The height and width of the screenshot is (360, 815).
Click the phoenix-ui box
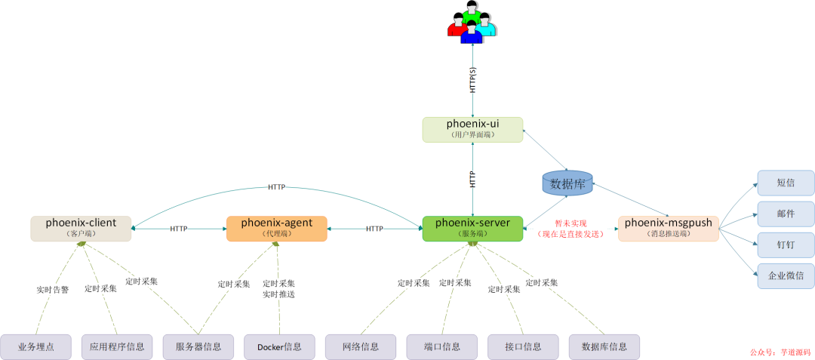point(472,129)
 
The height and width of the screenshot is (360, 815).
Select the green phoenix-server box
point(472,228)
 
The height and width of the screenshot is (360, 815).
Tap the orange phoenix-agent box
point(277,228)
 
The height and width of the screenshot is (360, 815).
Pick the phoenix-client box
point(81,228)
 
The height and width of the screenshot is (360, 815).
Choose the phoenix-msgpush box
point(668,228)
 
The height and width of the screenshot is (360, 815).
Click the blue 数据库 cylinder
point(567,183)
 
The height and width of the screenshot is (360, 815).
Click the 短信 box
point(786,183)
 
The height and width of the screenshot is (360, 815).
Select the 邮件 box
point(786,214)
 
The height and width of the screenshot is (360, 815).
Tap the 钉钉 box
point(786,245)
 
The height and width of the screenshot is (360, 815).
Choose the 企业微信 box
point(786,275)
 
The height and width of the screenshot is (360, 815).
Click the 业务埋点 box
point(35,346)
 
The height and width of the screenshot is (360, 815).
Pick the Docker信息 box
point(279,346)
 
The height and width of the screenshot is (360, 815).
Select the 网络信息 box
point(361,346)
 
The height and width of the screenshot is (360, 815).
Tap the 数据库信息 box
point(604,346)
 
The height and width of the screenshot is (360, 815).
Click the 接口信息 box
point(523,346)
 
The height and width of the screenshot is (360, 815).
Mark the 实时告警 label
point(53,289)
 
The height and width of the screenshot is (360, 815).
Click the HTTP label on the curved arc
point(277,187)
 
